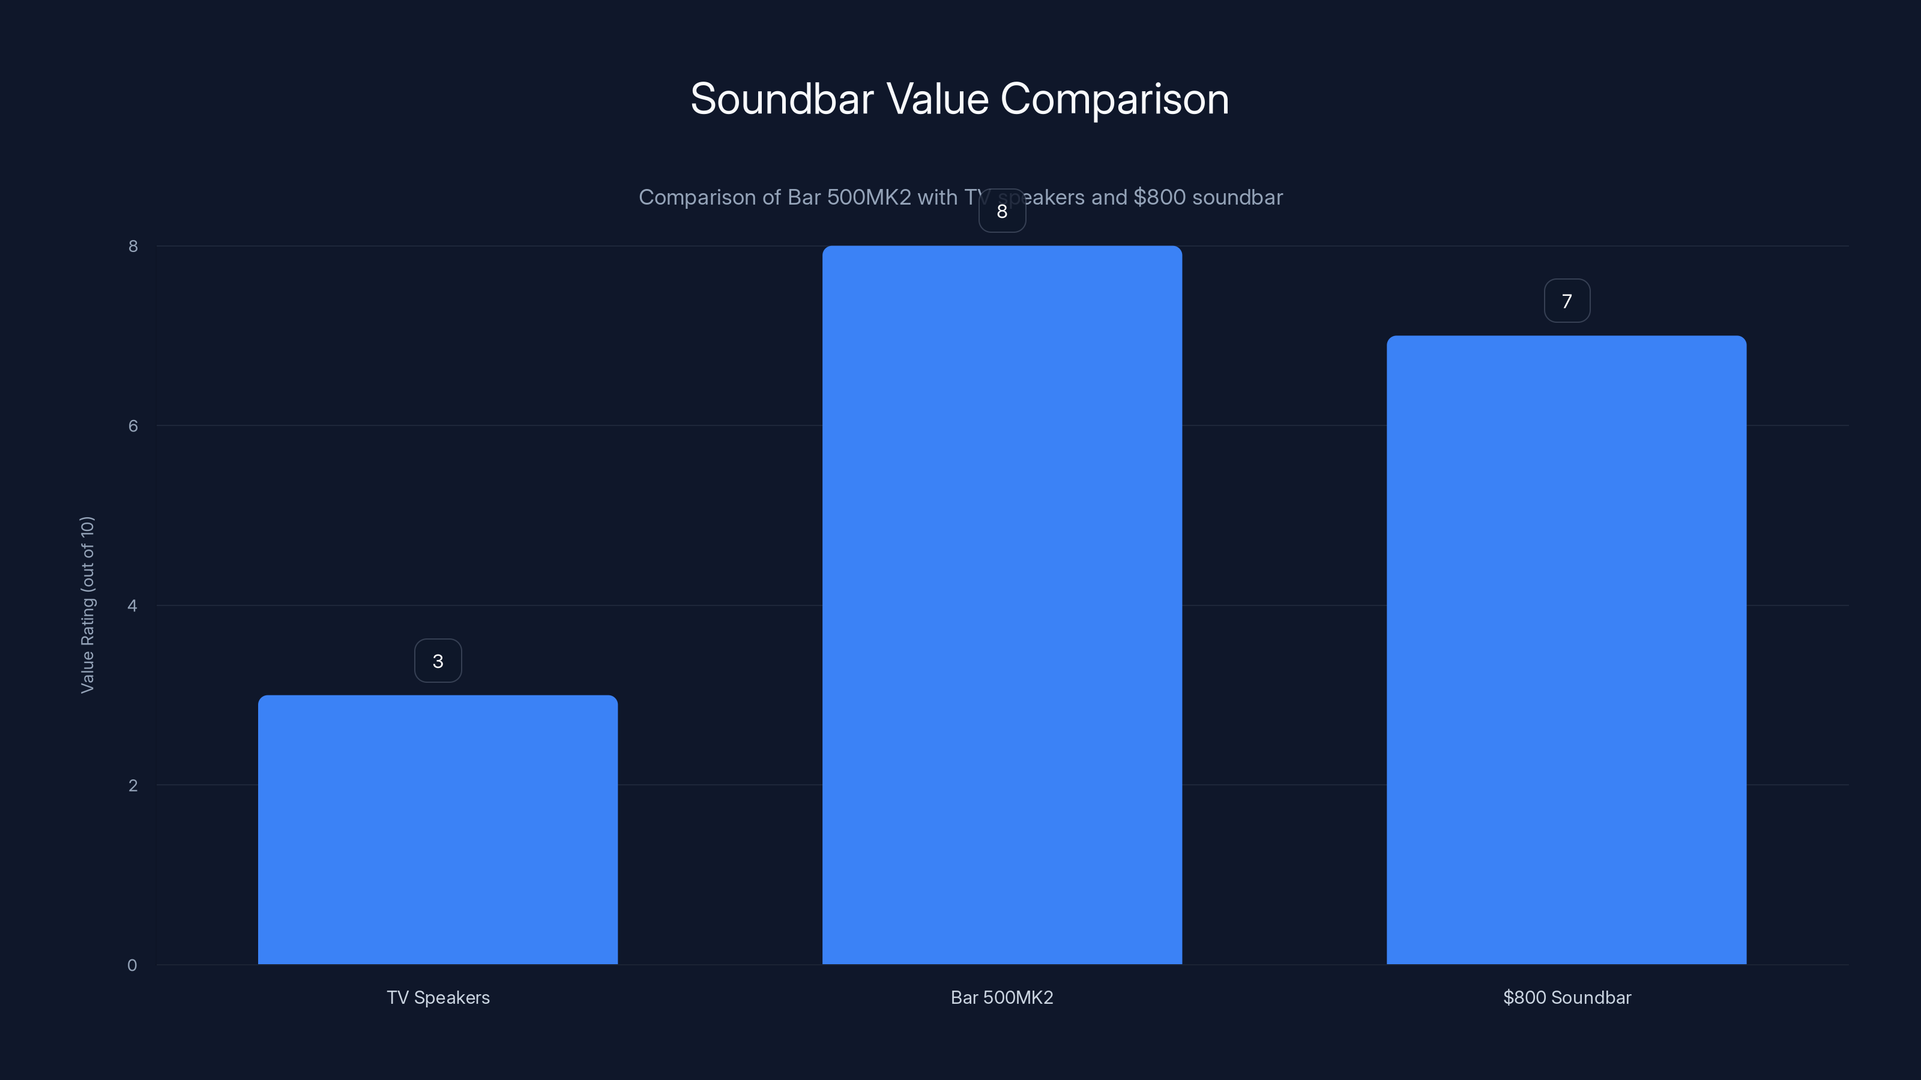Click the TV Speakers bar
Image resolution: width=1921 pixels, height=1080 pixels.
click(x=438, y=830)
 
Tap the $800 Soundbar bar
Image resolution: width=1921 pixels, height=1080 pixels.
click(x=1566, y=649)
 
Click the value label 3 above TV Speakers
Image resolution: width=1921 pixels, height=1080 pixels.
click(x=438, y=661)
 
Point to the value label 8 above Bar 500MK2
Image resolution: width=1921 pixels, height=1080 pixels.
click(x=1001, y=212)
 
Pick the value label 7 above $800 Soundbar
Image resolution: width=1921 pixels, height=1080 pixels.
click(x=1567, y=301)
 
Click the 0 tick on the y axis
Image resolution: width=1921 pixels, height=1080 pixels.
click(x=132, y=965)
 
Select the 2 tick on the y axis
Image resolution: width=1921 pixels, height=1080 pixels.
click(x=133, y=785)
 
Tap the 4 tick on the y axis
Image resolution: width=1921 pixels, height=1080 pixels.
click(x=133, y=605)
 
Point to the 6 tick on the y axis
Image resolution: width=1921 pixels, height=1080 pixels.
click(x=133, y=425)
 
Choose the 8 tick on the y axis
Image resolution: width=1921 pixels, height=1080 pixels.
click(x=133, y=246)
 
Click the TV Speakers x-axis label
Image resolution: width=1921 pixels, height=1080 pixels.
click(x=438, y=997)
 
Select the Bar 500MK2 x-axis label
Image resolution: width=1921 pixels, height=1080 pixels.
click(x=1001, y=997)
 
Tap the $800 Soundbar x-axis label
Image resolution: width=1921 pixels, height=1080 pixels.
click(x=1567, y=997)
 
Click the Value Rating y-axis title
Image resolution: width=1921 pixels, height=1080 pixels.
click(x=87, y=604)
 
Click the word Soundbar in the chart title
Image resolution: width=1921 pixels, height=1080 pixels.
click(x=782, y=99)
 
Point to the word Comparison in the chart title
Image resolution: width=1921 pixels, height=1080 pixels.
click(x=1114, y=99)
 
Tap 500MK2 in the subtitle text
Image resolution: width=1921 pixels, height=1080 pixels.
click(x=869, y=197)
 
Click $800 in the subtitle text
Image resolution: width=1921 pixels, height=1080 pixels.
click(x=1159, y=197)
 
